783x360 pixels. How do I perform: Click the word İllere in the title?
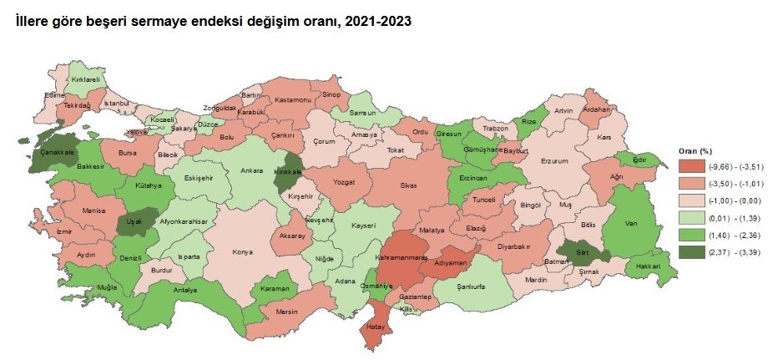[33, 21]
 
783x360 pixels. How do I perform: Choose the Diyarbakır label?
[514, 246]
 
